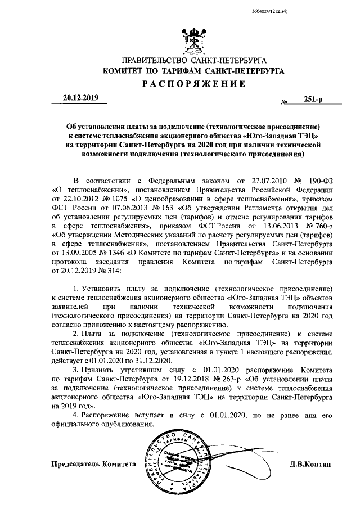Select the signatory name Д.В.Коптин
click(312, 465)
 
